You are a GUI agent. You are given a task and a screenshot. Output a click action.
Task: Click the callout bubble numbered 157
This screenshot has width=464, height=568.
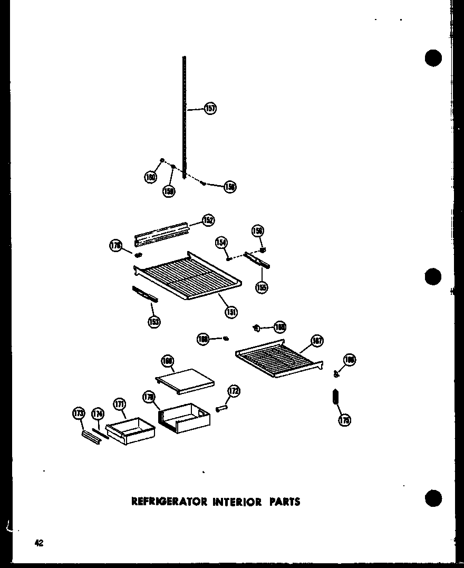(210, 109)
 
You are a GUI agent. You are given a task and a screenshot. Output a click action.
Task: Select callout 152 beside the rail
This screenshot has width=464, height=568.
(208, 220)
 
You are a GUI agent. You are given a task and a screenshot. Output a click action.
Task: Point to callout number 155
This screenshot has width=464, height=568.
(262, 287)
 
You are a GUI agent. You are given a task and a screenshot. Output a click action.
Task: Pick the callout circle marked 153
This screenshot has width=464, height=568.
(154, 321)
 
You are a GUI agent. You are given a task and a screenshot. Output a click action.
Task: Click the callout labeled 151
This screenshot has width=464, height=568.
(231, 312)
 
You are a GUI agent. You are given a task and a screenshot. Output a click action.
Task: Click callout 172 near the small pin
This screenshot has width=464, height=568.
(234, 391)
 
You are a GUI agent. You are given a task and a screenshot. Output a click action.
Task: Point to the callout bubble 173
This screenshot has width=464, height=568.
(79, 414)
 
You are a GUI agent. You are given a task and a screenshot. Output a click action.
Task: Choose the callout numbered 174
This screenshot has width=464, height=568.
(98, 414)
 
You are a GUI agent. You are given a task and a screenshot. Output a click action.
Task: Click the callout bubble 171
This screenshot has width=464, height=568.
(119, 405)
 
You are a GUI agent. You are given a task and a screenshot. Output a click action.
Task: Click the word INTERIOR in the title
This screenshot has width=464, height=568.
(237, 502)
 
